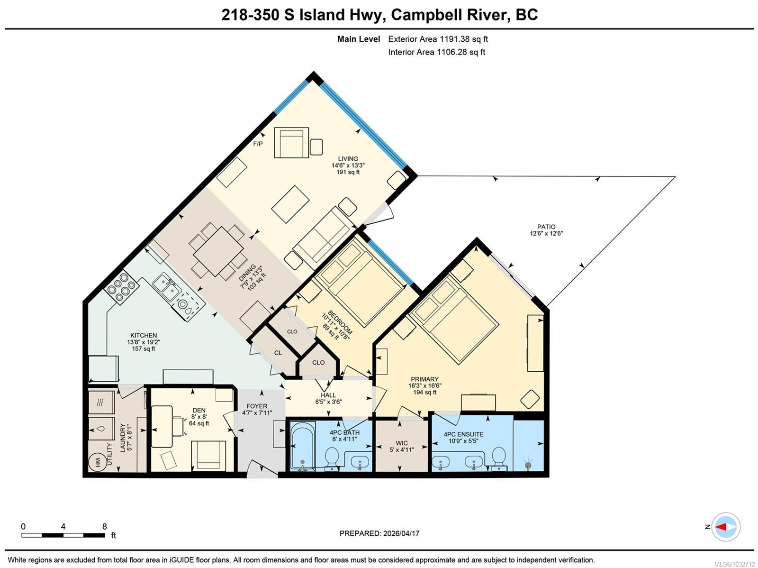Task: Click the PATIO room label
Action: point(546,227)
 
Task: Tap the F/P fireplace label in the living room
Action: point(258,144)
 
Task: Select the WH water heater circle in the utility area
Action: point(98,462)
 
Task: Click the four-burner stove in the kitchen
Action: point(122,287)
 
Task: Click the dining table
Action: point(218,251)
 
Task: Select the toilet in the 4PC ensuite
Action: point(499,457)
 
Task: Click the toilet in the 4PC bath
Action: point(332,457)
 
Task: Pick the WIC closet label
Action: point(402,443)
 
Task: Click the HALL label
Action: point(328,395)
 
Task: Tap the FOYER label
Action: point(257,406)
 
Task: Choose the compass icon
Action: point(726,527)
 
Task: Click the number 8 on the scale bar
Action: point(105,527)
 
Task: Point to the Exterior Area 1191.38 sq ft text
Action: point(438,39)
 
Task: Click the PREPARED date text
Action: point(379,533)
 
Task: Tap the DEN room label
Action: point(199,411)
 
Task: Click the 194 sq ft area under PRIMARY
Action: point(425,392)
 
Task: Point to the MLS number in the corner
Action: point(734,564)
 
